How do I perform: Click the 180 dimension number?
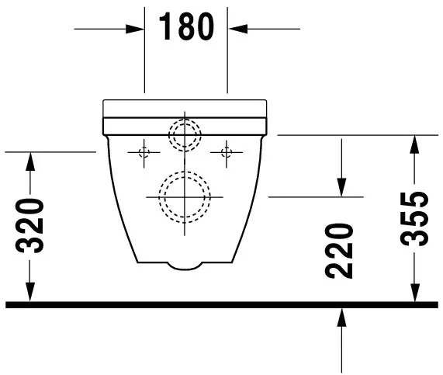point(186,28)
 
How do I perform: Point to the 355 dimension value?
point(416,218)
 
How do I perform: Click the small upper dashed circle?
point(185,135)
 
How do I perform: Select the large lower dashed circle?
point(185,197)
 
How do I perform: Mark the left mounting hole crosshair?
point(144,151)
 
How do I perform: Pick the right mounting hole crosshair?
point(227,151)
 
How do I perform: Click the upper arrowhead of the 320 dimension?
point(29,160)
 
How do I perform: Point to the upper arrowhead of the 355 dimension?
point(416,143)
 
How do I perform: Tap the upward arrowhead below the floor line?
point(341,317)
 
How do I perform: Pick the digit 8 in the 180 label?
point(186,28)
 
